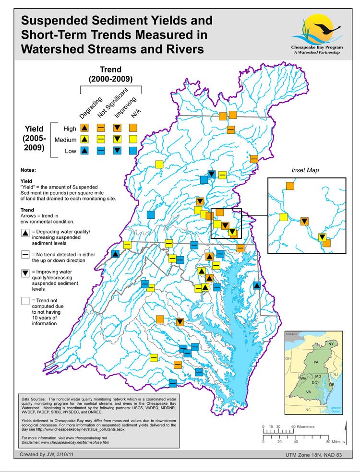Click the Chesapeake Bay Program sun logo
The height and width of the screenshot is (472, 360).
pyautogui.click(x=317, y=30)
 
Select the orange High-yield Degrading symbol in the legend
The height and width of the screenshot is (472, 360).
pyautogui.click(x=84, y=128)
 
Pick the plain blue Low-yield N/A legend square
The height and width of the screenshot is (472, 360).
pyautogui.click(x=133, y=151)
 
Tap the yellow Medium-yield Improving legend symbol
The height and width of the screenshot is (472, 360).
pyautogui.click(x=117, y=139)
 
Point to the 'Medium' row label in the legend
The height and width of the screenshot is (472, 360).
pyautogui.click(x=66, y=140)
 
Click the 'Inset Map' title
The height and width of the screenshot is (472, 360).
pyautogui.click(x=305, y=170)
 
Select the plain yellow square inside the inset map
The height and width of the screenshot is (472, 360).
pyautogui.click(x=283, y=217)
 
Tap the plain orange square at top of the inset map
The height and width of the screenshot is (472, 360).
pyautogui.click(x=290, y=186)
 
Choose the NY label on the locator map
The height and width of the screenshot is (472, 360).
pyautogui.click(x=331, y=344)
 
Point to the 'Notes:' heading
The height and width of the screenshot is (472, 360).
pyautogui.click(x=28, y=170)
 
